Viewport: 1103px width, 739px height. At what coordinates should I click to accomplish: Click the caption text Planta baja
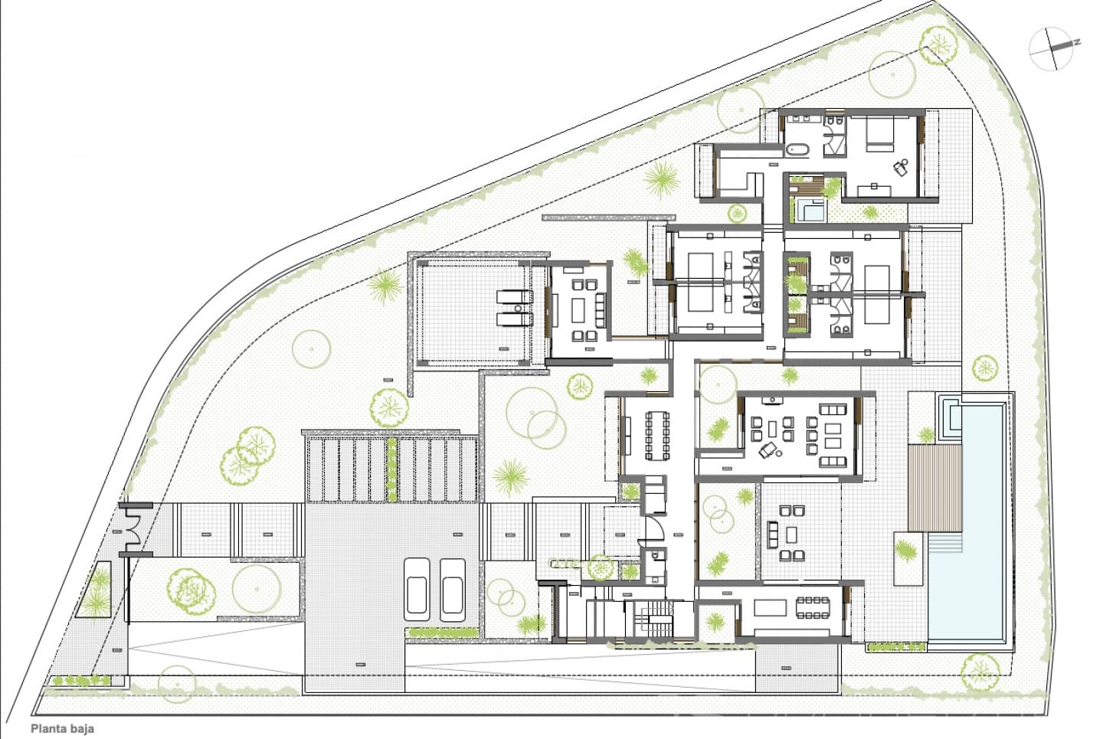point(62,730)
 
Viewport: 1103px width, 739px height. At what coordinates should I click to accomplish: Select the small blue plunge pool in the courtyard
point(809,209)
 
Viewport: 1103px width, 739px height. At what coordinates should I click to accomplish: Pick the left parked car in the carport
point(417,587)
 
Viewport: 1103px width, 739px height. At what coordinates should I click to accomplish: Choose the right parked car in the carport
point(453,587)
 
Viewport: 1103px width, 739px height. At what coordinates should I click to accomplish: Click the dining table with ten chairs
point(656,435)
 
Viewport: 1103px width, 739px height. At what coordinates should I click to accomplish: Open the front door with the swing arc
point(651,528)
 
